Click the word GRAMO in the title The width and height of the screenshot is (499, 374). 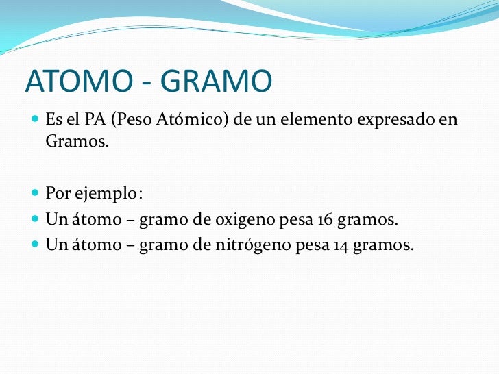tap(217, 83)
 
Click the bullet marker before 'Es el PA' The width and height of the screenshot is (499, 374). tap(36, 121)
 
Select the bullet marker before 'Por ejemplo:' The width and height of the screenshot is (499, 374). tap(36, 195)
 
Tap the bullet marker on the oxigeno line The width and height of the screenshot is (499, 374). tap(36, 220)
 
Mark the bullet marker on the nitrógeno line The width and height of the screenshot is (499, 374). tap(36, 245)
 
